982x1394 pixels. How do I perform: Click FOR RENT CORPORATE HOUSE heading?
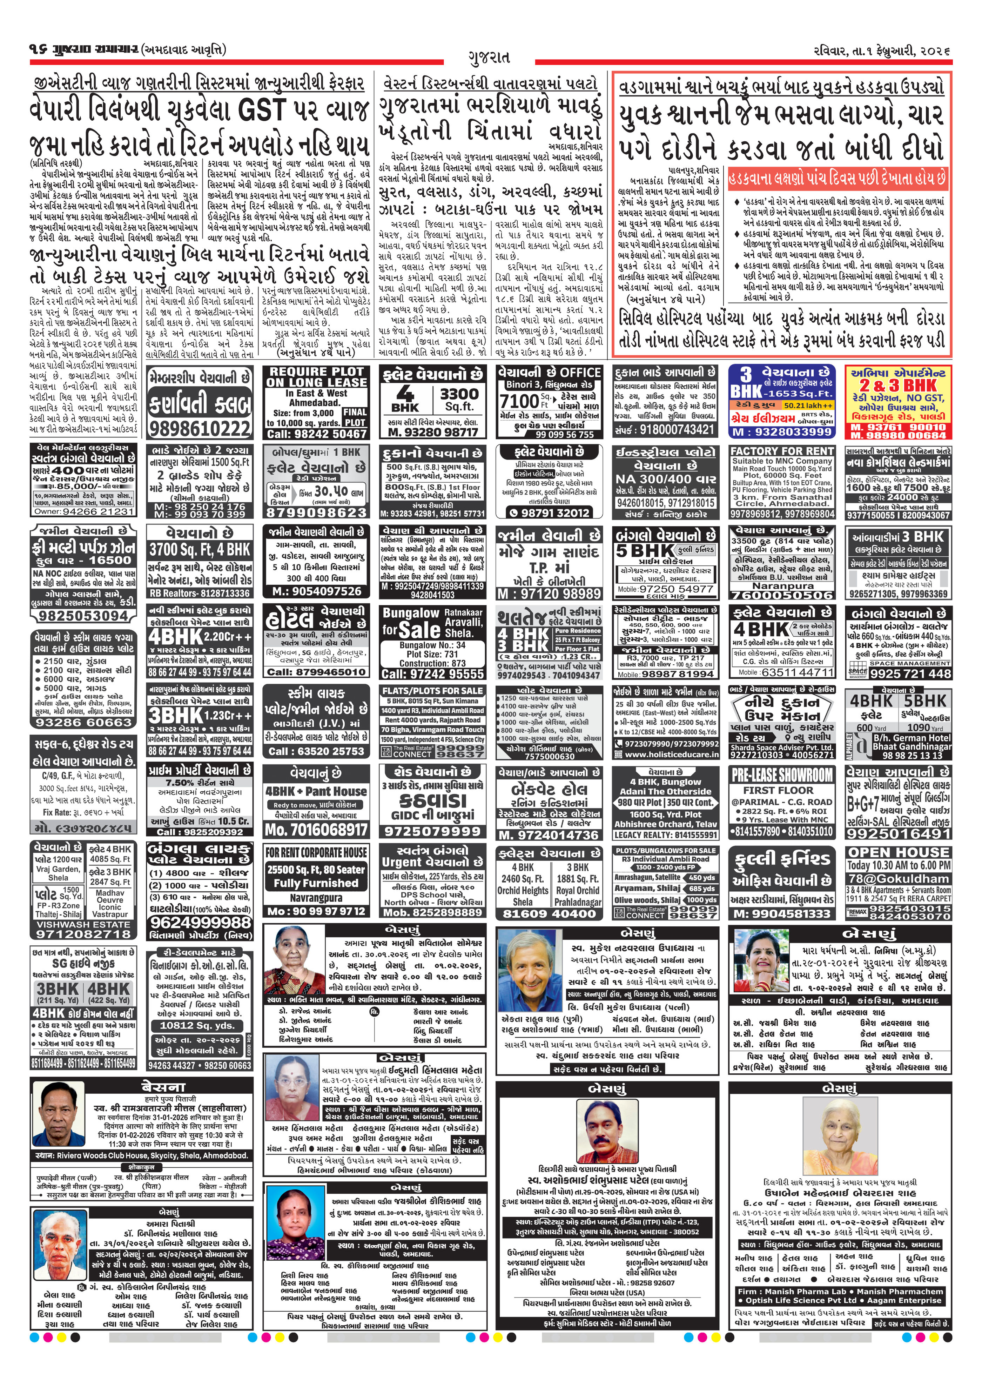316,852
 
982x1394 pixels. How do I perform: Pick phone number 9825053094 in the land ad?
82,616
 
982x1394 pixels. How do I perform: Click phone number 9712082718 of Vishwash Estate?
82,934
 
